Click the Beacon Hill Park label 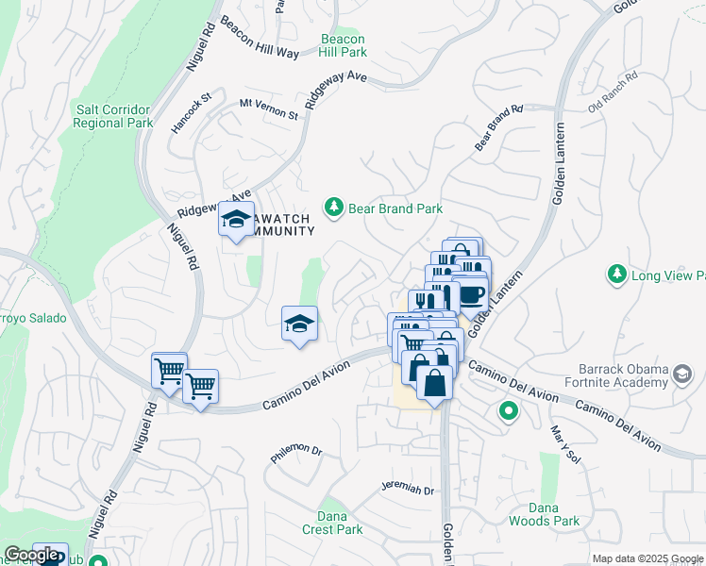(x=344, y=45)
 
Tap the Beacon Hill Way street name (x=260, y=37)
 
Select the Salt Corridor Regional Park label (x=114, y=116)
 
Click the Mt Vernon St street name (x=268, y=108)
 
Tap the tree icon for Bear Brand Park (x=332, y=207)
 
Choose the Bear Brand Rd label (x=498, y=127)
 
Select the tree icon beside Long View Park (x=617, y=275)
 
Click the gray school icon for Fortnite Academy (x=681, y=376)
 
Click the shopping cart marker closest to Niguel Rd (x=169, y=371)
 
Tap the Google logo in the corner (x=31, y=555)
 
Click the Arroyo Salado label (x=31, y=318)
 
